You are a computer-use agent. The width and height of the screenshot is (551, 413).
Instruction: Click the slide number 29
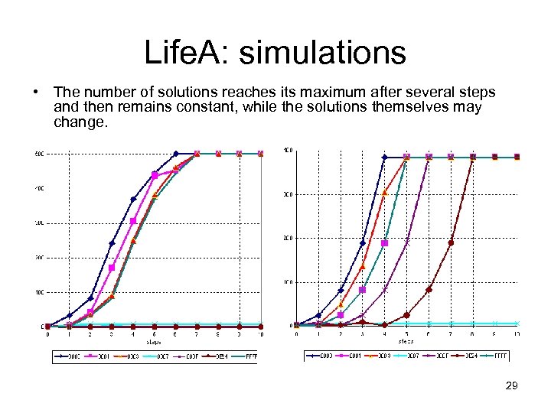click(x=512, y=385)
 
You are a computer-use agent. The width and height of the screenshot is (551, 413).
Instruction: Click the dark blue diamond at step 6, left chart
click(x=176, y=154)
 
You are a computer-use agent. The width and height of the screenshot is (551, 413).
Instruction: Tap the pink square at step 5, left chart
click(x=155, y=175)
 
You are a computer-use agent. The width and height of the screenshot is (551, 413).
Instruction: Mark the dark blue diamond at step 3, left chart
click(x=112, y=244)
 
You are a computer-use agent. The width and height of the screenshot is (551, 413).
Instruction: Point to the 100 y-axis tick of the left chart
click(x=38, y=291)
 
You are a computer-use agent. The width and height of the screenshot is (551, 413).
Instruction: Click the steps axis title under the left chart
click(x=154, y=342)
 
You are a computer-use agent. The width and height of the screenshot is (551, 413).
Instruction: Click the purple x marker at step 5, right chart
click(x=407, y=243)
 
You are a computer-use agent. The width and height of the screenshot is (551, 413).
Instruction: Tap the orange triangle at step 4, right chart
click(x=385, y=193)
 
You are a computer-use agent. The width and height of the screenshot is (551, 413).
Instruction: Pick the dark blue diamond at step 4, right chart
click(x=385, y=158)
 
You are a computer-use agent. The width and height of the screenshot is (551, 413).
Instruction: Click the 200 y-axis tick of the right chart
click(x=287, y=239)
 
